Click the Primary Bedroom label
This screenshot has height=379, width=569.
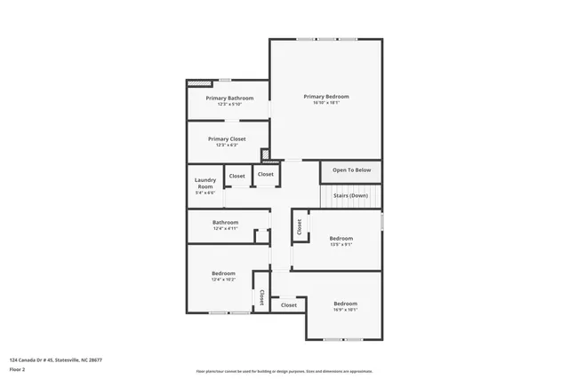pyautogui.click(x=325, y=97)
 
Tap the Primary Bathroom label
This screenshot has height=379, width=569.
pyautogui.click(x=229, y=98)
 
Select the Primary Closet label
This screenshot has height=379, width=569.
pyautogui.click(x=227, y=138)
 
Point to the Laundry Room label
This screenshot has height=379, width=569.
pyautogui.click(x=205, y=183)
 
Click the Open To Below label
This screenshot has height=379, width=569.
pyautogui.click(x=351, y=170)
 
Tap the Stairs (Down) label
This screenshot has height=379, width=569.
pyautogui.click(x=351, y=195)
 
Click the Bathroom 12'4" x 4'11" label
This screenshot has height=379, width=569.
pyautogui.click(x=225, y=222)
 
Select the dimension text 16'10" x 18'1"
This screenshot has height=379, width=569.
pyautogui.click(x=325, y=103)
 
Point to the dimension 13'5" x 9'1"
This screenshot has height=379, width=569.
pyautogui.click(x=341, y=244)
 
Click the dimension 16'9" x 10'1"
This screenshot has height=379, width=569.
pyautogui.click(x=345, y=310)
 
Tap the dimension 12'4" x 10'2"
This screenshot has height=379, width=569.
pyautogui.click(x=223, y=280)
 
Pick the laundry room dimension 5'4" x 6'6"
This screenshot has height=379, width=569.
pyautogui.click(x=205, y=193)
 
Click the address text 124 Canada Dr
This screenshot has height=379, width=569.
pyautogui.click(x=55, y=359)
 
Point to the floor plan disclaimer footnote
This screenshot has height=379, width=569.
pyautogui.click(x=284, y=371)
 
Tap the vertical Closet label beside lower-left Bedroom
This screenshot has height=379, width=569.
pyautogui.click(x=262, y=299)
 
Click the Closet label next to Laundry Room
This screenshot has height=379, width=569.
pyautogui.click(x=237, y=176)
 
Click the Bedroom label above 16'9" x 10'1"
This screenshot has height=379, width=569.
pyautogui.click(x=345, y=304)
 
